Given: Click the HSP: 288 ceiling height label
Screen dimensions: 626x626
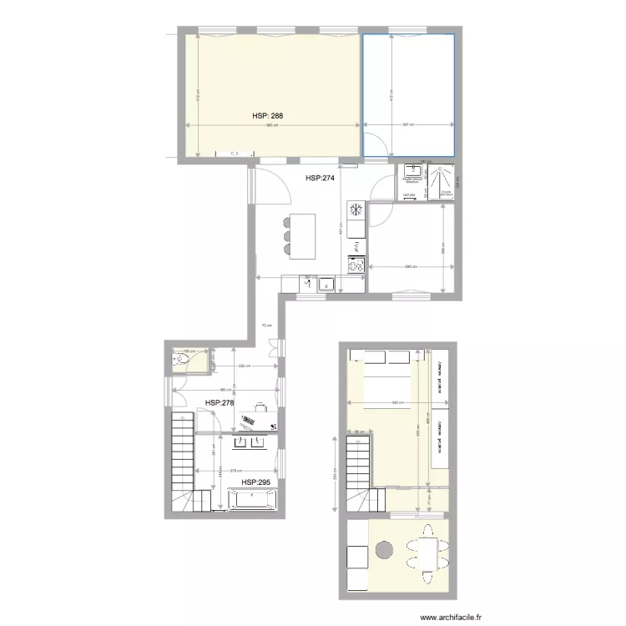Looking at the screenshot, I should [270, 117].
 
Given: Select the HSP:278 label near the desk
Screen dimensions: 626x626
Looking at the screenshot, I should [220, 402].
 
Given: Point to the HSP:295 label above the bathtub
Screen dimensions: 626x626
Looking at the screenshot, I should [256, 482].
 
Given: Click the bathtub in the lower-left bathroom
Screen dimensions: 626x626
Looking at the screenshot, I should [251, 500].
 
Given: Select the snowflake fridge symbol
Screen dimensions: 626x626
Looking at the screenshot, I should [356, 209].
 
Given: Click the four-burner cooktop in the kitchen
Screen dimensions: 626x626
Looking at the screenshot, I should [356, 266].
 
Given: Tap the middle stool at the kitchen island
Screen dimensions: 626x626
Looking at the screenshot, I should [288, 235].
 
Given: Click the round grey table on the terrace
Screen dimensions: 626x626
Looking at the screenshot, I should [384, 550].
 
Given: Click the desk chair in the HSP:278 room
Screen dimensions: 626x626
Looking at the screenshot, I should [260, 408].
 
